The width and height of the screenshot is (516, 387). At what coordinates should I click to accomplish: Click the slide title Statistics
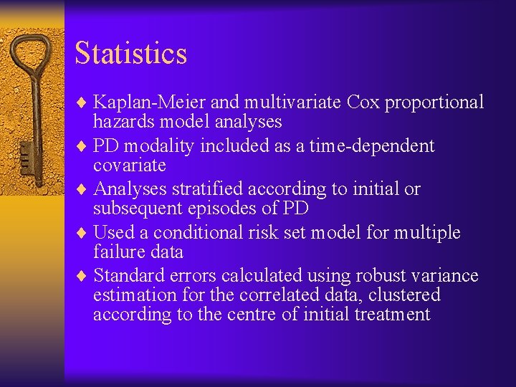pos(130,54)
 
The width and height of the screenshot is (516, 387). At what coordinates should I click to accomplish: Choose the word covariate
pos(129,166)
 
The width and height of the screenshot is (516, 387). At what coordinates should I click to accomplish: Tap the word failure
pos(117,252)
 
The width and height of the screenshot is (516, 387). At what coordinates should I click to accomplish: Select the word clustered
pos(404,295)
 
